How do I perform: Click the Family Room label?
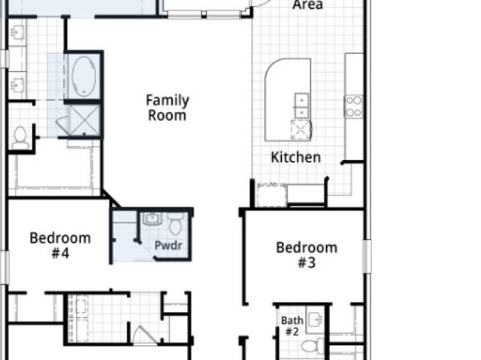167,108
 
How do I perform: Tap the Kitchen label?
295,157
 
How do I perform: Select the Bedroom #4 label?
60,246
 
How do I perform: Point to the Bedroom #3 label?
307,255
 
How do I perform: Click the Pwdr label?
168,245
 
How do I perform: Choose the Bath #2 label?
292,326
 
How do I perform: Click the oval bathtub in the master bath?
83,75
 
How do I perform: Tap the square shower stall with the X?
85,120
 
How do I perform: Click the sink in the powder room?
152,219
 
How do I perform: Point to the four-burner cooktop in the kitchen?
353,107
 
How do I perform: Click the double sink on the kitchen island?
301,106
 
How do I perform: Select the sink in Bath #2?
316,320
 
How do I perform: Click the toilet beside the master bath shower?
20,138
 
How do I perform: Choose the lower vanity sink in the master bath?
17,85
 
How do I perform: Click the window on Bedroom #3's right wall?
368,256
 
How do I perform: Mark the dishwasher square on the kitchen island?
301,130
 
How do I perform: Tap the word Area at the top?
307,5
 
